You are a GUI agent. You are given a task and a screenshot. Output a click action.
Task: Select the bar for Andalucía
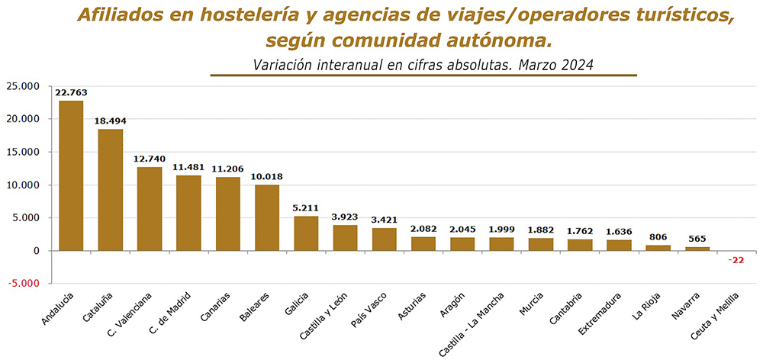[71, 175]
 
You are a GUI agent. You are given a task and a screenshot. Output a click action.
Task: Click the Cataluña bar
[111, 190]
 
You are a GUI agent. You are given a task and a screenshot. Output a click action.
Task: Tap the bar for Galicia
[306, 233]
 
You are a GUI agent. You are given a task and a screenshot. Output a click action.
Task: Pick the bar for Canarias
[227, 214]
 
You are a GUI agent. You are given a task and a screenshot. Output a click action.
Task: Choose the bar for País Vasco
[385, 239]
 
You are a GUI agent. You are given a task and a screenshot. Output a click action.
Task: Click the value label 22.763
[71, 92]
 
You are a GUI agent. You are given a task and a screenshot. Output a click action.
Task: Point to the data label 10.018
[266, 177]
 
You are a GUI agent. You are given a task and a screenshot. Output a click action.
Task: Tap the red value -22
[736, 260]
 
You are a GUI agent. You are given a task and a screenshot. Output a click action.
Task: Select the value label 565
[697, 239]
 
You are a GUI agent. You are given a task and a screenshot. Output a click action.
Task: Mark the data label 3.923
[345, 217]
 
